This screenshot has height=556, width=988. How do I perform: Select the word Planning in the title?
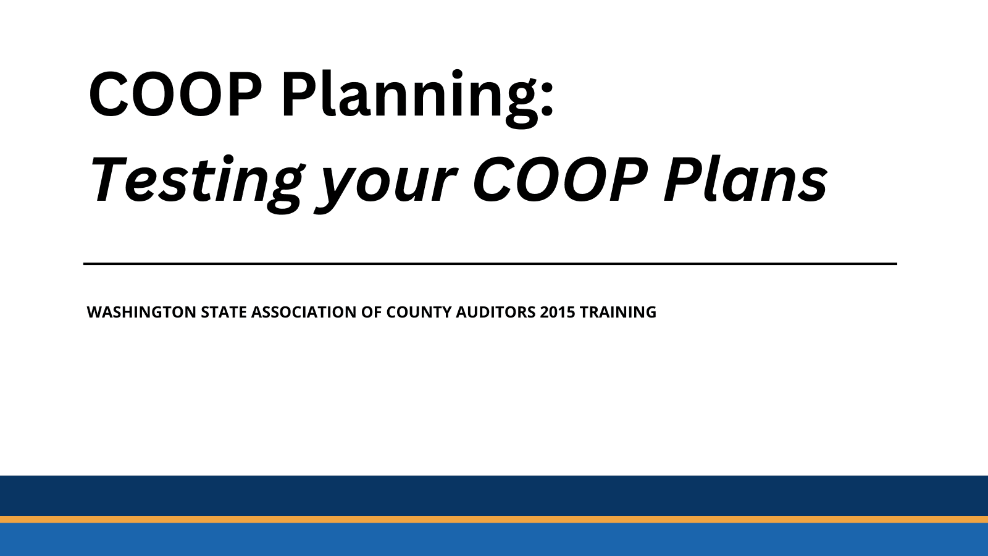pyautogui.click(x=408, y=96)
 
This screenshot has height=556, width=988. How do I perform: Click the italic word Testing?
pyautogui.click(x=196, y=180)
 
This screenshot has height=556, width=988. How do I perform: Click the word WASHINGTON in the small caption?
pyautogui.click(x=141, y=312)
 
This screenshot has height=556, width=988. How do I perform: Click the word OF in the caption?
pyautogui.click(x=372, y=312)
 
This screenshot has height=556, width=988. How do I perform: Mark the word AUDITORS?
pyautogui.click(x=495, y=312)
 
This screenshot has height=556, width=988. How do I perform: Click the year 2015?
pyautogui.click(x=558, y=312)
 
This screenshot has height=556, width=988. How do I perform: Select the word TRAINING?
pyautogui.click(x=617, y=312)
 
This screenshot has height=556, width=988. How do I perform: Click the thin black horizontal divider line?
pyautogui.click(x=490, y=264)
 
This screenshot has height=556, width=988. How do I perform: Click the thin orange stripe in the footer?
pyautogui.click(x=494, y=520)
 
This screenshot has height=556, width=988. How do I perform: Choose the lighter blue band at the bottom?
pyautogui.click(x=494, y=540)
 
